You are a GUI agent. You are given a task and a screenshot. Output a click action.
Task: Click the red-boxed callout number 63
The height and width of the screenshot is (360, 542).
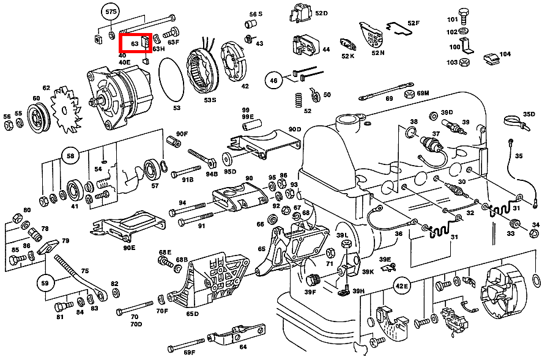(x=135, y=44)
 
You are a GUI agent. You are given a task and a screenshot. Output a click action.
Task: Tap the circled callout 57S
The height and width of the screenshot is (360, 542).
(x=111, y=12)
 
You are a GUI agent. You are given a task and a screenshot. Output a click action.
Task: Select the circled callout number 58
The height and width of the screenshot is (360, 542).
(x=70, y=156)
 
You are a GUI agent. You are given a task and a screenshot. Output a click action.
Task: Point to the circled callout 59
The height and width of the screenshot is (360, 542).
(x=45, y=283)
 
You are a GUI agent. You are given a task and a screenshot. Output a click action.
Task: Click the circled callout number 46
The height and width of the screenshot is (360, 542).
(x=273, y=79)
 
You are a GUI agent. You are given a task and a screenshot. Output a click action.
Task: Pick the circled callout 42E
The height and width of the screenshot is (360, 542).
(x=401, y=285)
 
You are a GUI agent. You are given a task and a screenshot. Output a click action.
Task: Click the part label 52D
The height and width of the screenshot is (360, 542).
(x=321, y=13)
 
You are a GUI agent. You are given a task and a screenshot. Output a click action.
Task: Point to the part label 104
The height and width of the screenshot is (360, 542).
(x=505, y=54)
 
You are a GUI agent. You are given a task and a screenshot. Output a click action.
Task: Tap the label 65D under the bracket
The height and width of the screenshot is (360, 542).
(x=193, y=314)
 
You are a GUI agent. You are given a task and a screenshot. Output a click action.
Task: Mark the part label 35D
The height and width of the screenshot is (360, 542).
(x=529, y=114)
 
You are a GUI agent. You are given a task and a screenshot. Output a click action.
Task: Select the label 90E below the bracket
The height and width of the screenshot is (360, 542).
(x=128, y=248)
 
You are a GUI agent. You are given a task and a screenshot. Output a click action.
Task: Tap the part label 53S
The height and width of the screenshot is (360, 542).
(x=210, y=100)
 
